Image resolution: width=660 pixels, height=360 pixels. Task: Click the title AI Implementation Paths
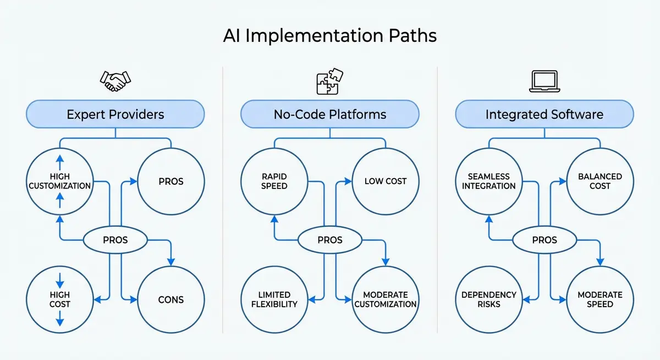click(x=330, y=36)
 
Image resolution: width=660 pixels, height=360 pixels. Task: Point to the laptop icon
click(x=544, y=82)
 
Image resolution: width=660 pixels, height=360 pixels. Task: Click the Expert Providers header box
click(x=116, y=114)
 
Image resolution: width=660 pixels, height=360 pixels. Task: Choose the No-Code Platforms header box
click(x=330, y=114)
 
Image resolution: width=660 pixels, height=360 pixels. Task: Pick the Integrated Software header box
click(x=544, y=114)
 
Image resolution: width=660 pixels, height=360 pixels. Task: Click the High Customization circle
click(x=60, y=181)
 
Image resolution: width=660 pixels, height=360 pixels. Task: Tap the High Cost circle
click(x=60, y=300)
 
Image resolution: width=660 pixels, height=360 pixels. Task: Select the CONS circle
click(x=171, y=300)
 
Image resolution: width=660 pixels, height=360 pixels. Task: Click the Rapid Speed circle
click(x=274, y=181)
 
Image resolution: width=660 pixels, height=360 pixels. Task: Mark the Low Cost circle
click(x=386, y=181)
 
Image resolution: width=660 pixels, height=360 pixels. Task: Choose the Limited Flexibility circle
click(x=274, y=300)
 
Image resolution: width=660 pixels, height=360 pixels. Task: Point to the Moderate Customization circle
click(x=386, y=300)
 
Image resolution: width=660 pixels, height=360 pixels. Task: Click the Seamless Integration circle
click(x=489, y=181)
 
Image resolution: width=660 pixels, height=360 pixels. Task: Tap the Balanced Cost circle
click(x=600, y=181)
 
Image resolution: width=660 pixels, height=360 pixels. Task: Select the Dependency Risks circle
click(x=489, y=300)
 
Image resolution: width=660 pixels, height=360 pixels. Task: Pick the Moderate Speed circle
click(x=600, y=300)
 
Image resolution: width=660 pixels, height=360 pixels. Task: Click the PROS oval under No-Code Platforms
click(x=330, y=240)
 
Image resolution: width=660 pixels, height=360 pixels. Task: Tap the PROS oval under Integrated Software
click(x=544, y=240)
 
